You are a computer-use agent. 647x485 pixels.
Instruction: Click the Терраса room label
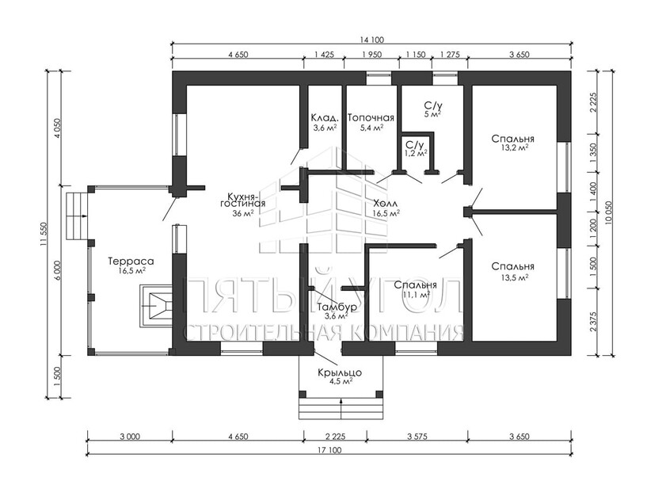coord(131,261)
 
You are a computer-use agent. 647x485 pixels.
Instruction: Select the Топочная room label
coord(371,118)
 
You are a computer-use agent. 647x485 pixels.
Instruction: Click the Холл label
coord(386,204)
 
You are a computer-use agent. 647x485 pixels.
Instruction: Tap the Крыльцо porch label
coord(340,372)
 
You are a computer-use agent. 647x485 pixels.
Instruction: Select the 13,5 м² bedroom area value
coord(515,277)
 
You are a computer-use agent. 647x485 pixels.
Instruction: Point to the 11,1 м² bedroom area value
coord(416,295)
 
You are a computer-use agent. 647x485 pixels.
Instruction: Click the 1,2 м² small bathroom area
coord(416,153)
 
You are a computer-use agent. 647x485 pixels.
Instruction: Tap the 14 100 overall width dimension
coord(372,40)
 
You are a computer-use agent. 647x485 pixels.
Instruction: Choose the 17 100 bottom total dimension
coord(329,450)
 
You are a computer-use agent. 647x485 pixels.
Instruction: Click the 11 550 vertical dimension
coord(45,235)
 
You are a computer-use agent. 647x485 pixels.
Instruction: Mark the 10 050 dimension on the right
coord(608,212)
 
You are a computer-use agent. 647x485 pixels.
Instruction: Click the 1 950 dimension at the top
coord(372,54)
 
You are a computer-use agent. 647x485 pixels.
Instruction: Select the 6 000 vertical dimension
coord(57,271)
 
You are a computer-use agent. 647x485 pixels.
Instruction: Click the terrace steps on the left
coord(76,216)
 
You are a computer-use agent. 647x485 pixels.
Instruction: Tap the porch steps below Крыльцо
coord(341,409)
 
